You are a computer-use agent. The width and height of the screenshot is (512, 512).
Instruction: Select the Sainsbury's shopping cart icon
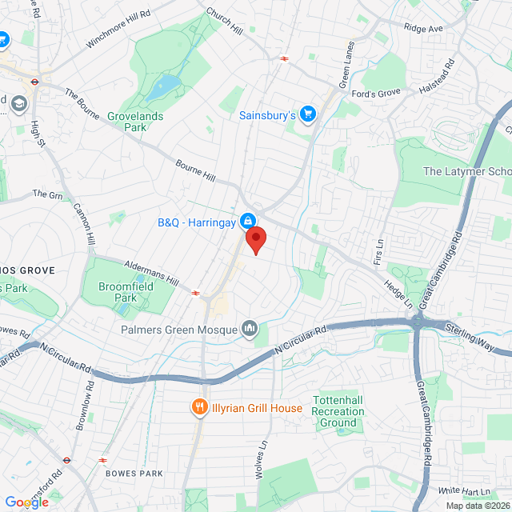[307, 115]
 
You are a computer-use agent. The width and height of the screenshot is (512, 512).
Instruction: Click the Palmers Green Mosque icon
[250, 329]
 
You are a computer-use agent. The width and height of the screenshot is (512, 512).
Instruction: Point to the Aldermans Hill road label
[150, 273]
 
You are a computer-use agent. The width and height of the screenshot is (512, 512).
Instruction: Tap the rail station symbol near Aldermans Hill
[195, 293]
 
